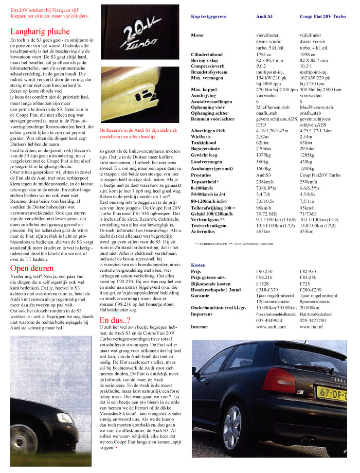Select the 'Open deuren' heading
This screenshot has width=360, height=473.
(31, 268)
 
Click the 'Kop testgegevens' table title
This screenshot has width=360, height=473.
(208, 16)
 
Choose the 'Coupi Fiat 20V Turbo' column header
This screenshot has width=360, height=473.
(322, 16)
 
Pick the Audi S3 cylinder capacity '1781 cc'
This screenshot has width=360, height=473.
(263, 54)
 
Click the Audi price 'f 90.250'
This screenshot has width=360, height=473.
(264, 271)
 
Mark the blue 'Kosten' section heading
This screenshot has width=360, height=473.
(198, 265)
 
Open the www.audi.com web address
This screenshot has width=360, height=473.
(271, 326)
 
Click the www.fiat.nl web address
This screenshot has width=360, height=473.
(311, 326)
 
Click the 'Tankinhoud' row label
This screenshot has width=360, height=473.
(205, 142)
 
